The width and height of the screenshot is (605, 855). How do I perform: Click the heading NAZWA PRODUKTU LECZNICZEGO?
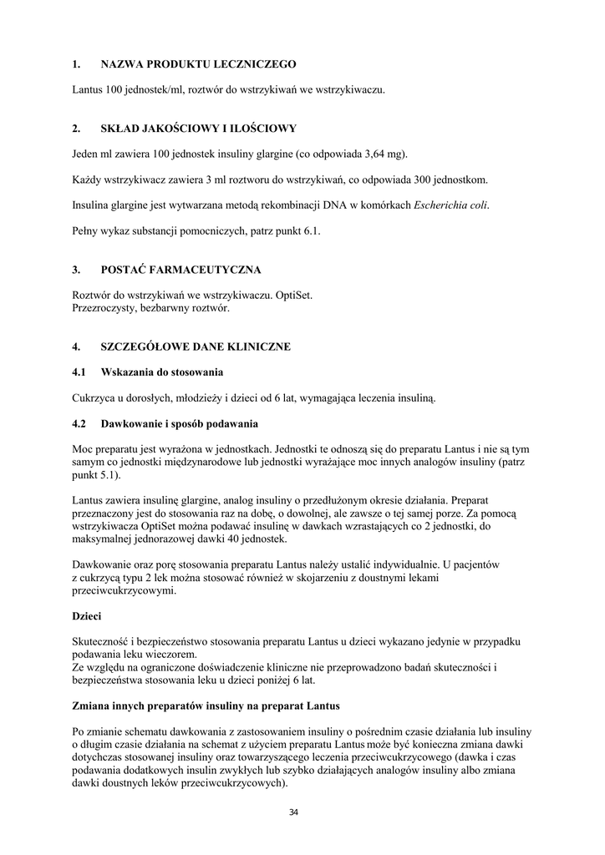point(198,63)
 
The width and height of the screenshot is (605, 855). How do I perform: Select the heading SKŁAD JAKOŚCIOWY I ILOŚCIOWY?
point(198,129)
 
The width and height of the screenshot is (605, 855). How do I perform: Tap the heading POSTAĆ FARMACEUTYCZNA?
point(180,270)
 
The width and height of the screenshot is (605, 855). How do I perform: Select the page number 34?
point(293,812)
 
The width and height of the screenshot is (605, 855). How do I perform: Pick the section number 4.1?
point(79,371)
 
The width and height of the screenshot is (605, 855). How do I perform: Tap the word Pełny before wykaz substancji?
point(86,230)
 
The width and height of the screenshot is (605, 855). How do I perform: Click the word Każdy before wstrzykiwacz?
point(88,180)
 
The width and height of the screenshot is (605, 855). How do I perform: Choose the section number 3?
point(76,270)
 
